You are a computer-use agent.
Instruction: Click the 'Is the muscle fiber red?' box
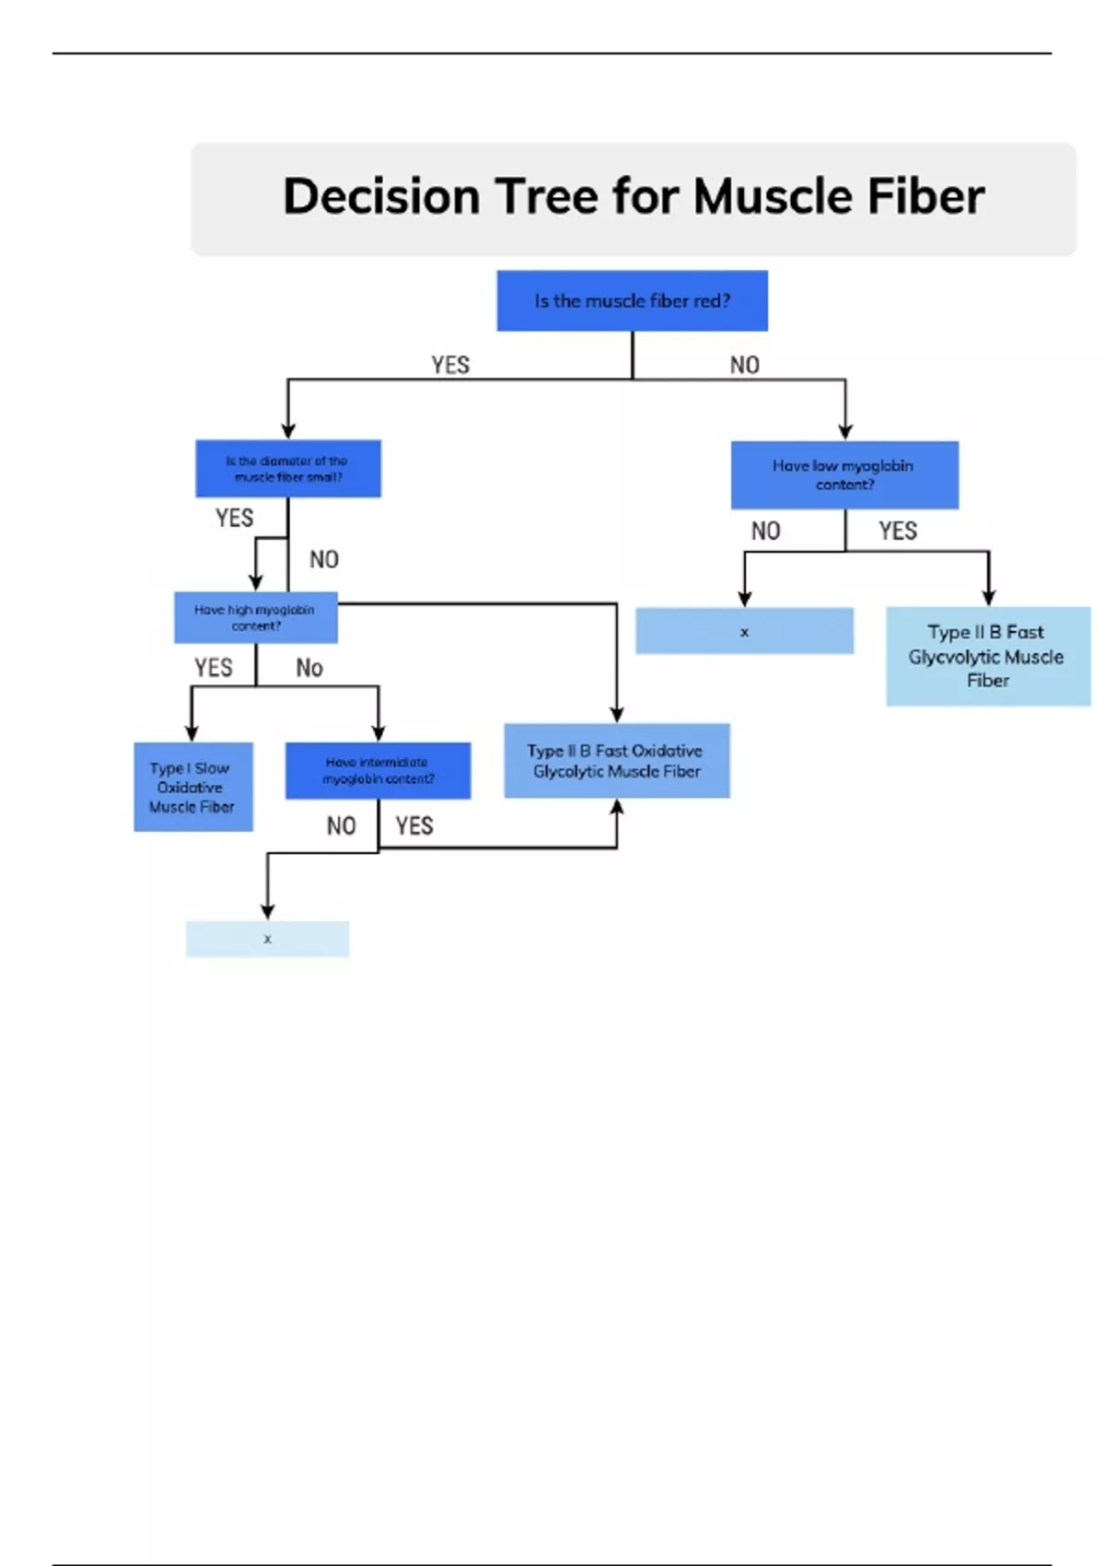632,300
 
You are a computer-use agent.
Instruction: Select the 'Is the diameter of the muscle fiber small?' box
287,469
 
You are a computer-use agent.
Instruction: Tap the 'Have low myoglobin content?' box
844,474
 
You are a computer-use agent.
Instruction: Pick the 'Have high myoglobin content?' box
255,617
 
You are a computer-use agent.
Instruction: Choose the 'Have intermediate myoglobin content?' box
378,770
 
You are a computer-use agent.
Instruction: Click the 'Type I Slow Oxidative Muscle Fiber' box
192,787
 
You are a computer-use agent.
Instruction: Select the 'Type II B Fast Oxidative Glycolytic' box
616,761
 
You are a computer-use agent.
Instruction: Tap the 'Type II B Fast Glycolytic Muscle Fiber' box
987,656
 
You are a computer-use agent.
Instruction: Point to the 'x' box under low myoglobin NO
744,631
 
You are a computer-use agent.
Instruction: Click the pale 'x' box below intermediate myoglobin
267,939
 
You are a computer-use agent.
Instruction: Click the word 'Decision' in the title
381,196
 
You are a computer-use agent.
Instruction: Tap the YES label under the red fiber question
450,365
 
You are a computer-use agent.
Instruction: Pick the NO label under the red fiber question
745,365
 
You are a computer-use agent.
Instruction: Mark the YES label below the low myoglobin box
898,531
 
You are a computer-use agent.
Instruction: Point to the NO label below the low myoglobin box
765,531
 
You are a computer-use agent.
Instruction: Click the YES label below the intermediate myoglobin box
414,825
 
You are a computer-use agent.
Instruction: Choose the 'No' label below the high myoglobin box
309,668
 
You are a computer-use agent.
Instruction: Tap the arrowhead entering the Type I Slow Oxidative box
192,733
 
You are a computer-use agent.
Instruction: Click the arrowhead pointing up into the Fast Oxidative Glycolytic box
617,807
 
